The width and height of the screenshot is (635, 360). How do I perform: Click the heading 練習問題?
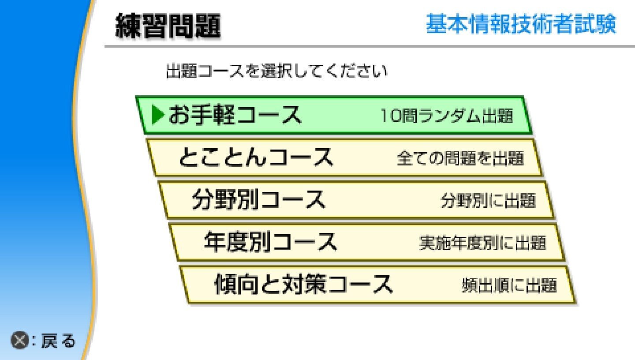(168, 26)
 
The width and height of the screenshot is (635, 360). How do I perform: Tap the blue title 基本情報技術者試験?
(521, 24)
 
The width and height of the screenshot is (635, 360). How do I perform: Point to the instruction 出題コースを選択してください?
(276, 71)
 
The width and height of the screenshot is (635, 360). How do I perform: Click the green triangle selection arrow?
(158, 115)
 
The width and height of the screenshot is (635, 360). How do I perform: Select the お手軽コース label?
(235, 115)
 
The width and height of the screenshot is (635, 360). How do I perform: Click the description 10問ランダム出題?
(447, 116)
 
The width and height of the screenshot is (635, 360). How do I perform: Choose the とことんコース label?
(256, 157)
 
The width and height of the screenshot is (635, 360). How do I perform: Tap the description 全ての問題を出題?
(460, 158)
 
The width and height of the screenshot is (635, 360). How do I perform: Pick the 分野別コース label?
(258, 199)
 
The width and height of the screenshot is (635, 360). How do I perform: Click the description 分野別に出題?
(488, 201)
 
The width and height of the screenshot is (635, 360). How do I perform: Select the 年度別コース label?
(270, 242)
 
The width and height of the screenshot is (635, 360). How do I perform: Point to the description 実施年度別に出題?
(482, 243)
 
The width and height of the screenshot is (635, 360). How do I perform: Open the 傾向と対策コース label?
(303, 284)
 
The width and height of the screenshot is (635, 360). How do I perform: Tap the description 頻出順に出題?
(509, 285)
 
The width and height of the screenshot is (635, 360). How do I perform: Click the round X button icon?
(19, 340)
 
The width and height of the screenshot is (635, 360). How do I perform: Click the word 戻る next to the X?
(59, 341)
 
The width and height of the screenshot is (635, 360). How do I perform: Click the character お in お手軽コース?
(179, 115)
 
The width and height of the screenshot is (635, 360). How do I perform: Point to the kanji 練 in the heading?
(128, 26)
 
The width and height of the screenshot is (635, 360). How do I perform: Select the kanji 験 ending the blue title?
(606, 24)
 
